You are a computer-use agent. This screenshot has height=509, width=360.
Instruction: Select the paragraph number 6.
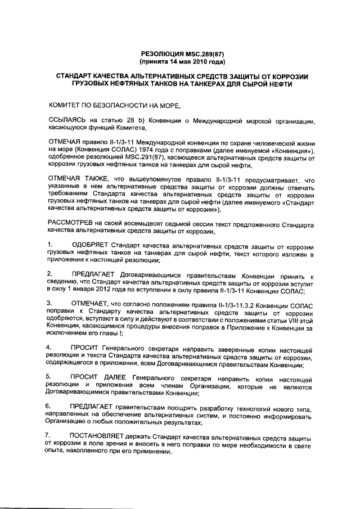pyautogui.click(x=50, y=406)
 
